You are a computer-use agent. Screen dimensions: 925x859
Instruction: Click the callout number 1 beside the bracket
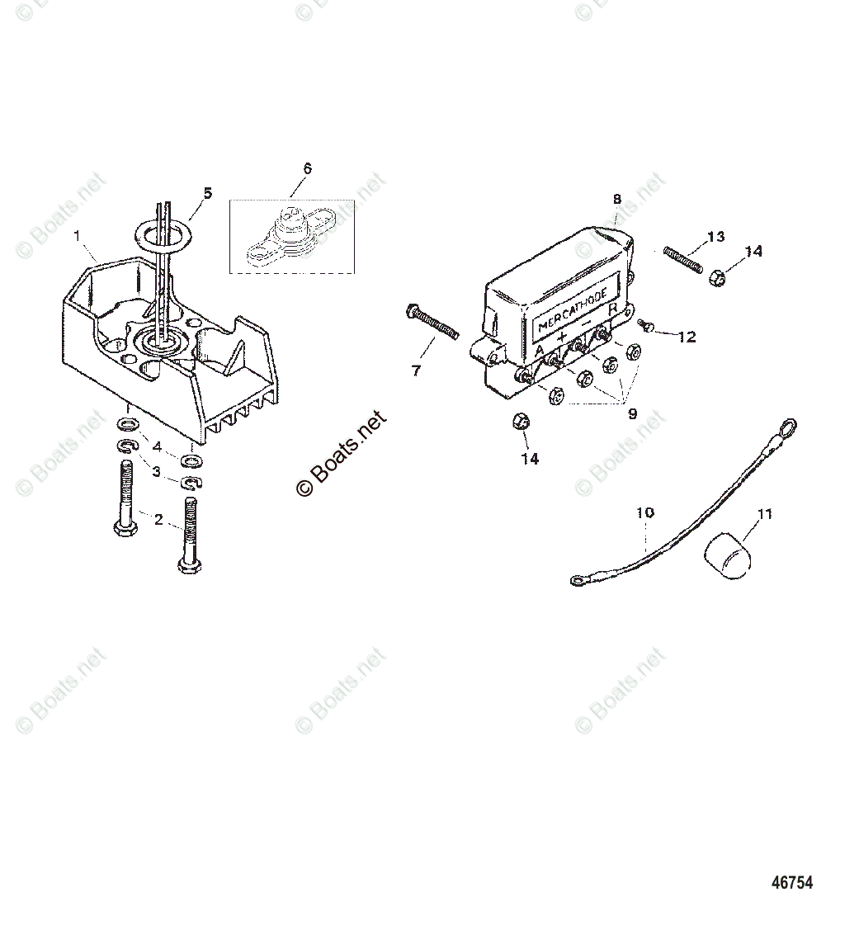[77, 235]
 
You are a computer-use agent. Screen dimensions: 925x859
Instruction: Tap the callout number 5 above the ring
[207, 193]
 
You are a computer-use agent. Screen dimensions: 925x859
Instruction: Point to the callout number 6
[307, 168]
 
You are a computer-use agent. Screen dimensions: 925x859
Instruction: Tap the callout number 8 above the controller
[616, 199]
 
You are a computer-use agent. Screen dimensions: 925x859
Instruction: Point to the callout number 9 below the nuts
[632, 414]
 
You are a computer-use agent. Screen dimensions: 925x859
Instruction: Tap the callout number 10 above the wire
[644, 512]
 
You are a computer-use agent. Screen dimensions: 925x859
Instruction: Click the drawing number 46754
[792, 882]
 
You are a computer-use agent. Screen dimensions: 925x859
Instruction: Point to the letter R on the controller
[613, 310]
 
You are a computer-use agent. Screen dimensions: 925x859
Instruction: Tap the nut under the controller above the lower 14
[521, 422]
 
